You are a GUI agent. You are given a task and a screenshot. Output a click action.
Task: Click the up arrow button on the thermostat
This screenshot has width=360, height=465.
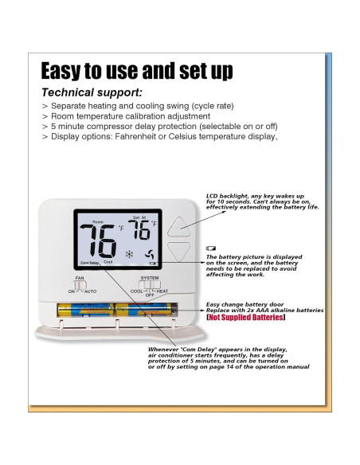pos(178,225)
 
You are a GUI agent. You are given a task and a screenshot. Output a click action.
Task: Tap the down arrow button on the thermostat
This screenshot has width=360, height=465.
pos(178,252)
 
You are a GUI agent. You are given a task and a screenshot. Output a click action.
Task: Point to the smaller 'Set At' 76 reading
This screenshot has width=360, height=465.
pos(139,230)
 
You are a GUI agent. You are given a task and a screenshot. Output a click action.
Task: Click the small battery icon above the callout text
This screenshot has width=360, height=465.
pos(211,248)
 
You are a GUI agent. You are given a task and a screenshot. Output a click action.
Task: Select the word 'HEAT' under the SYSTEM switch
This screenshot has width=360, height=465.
pos(162,291)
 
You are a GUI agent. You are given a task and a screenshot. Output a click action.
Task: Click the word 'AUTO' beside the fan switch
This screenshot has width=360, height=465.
pos(90,292)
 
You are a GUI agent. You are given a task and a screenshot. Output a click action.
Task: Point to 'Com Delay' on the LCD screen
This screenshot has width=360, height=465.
pos(89,262)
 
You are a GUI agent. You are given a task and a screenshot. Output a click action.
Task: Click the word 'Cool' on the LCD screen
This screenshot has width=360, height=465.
pos(108,262)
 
